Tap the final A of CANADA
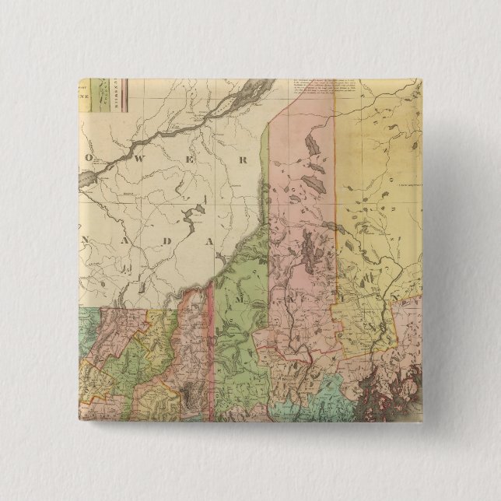pos(208,242)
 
